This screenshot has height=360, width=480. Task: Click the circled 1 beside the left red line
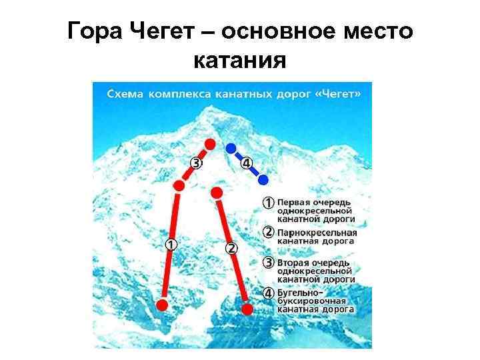[171, 244]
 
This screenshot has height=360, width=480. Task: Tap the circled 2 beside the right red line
[231, 248]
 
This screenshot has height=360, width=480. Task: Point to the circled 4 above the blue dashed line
[247, 163]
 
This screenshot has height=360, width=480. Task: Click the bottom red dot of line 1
[162, 305]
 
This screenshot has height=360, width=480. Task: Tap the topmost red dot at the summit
[210, 143]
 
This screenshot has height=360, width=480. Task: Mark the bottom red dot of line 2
[247, 309]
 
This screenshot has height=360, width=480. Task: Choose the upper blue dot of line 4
[231, 148]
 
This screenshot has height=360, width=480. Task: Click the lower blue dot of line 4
[264, 179]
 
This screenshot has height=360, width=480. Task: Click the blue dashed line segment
[247, 164]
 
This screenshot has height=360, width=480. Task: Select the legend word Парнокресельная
[317, 233]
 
